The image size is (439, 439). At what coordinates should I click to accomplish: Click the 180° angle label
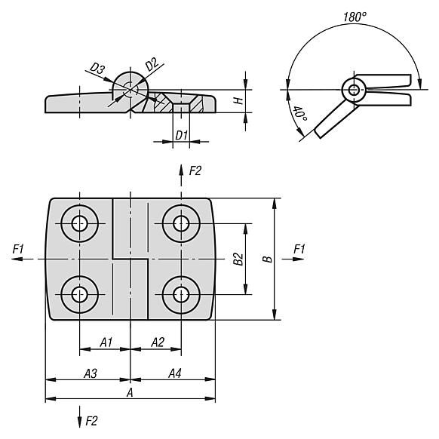[x=355, y=17]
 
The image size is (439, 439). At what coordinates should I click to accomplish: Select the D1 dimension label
[x=181, y=136]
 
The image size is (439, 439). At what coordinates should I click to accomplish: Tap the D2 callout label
[x=152, y=64]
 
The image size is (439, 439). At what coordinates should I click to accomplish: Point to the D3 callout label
[x=97, y=69]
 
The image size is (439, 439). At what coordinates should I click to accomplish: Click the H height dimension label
[x=238, y=100]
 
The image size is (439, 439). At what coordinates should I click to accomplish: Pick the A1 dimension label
[x=106, y=342]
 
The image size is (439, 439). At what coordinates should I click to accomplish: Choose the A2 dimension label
[x=158, y=342]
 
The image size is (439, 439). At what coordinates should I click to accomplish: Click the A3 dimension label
[x=91, y=373]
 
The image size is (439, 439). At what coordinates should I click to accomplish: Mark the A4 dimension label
[x=175, y=373]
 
